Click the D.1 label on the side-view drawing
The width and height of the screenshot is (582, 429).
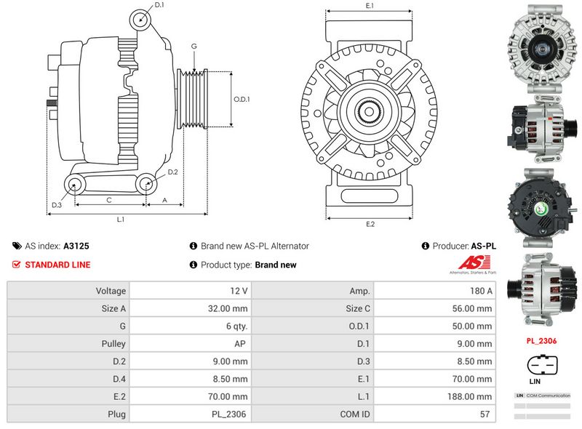point(159,5)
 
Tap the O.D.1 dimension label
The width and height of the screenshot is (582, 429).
point(242,100)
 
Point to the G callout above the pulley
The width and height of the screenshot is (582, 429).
point(194,47)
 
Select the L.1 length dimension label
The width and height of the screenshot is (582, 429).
point(121,219)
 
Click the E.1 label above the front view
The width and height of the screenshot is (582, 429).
point(370,6)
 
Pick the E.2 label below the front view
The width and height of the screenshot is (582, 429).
point(370,224)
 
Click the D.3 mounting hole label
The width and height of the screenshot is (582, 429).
point(56,205)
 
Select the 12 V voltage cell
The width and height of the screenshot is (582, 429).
point(239,291)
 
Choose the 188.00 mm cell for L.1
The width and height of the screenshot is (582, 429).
point(471,397)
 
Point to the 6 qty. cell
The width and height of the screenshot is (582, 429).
point(236,326)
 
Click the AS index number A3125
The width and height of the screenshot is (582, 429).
point(76,246)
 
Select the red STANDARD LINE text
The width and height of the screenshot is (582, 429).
point(57,265)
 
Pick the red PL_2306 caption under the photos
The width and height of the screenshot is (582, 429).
point(541,340)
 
